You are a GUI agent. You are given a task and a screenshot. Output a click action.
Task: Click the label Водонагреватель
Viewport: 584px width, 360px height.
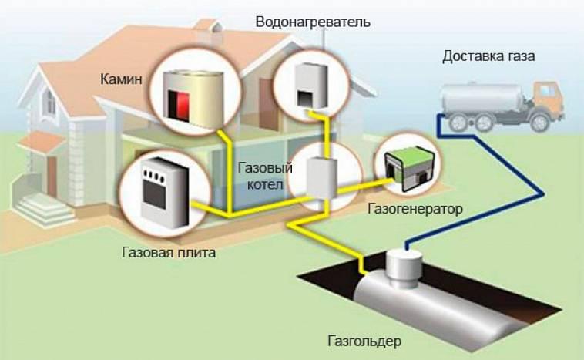tap(313, 22)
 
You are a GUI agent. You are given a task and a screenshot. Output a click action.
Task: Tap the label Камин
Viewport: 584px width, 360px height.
tap(121, 79)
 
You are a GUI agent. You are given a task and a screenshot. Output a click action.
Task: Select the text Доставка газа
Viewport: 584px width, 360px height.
tap(488, 56)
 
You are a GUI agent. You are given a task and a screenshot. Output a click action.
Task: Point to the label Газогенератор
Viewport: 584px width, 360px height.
tap(415, 208)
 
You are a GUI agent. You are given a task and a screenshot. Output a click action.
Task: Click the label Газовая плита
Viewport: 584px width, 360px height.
tap(169, 253)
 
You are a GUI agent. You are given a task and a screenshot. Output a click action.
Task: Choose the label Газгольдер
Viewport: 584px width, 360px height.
tap(364, 341)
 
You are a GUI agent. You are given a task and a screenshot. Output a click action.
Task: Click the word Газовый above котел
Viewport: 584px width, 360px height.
tap(265, 168)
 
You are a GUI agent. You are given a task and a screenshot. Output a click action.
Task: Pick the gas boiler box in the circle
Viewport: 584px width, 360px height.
tap(321, 178)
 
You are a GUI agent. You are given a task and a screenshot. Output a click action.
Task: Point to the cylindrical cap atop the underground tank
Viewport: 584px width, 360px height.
tap(404, 269)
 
